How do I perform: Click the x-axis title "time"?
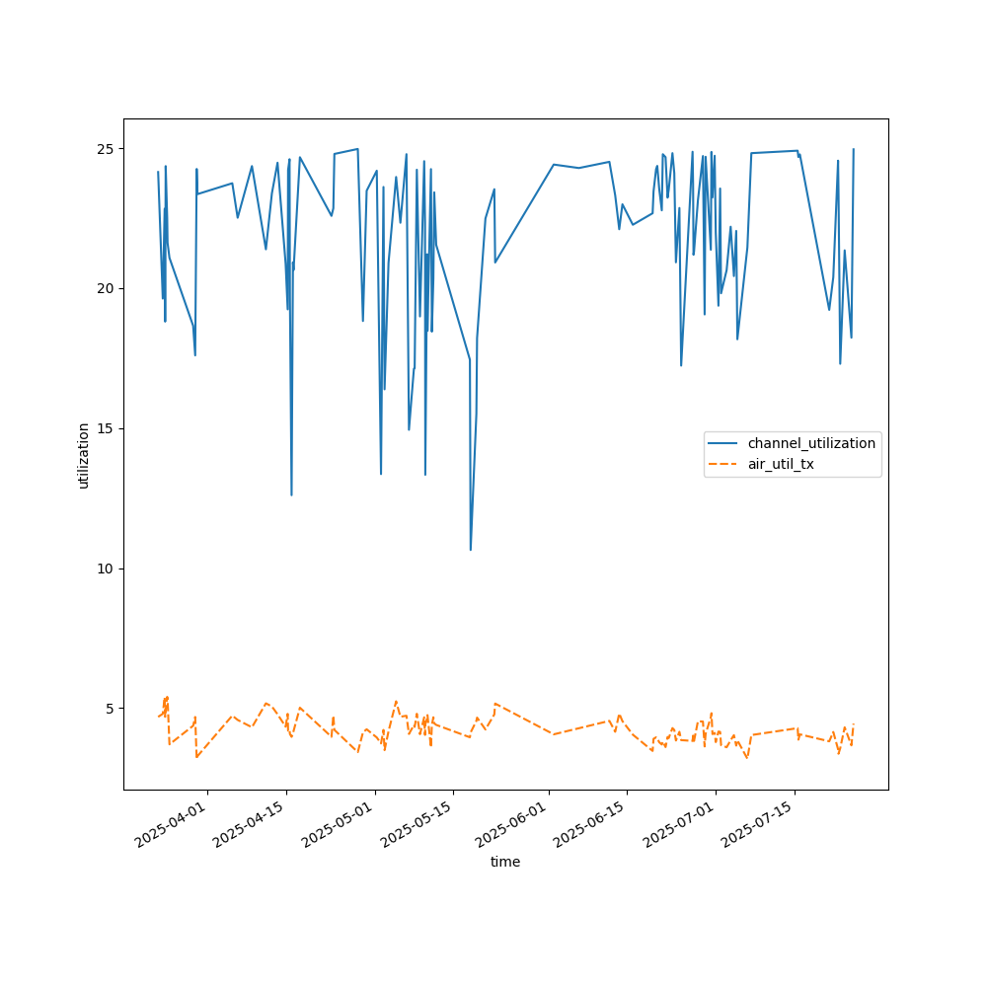pyautogui.click(x=505, y=862)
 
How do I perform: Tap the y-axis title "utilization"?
pyautogui.click(x=84, y=455)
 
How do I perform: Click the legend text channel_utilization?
pyautogui.click(x=811, y=443)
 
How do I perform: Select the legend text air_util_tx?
pyautogui.click(x=781, y=464)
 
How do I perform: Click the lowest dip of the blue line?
pyautogui.click(x=471, y=550)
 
